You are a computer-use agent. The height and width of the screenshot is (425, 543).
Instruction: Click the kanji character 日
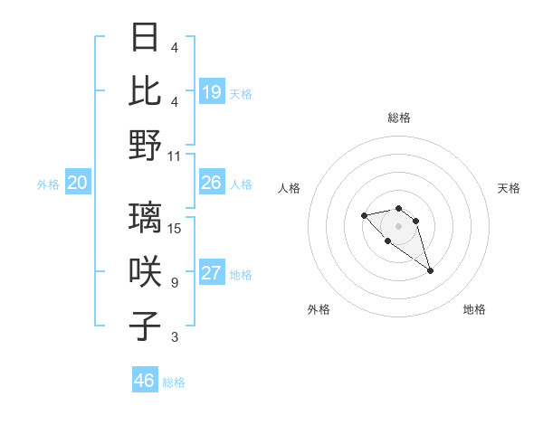point(146,38)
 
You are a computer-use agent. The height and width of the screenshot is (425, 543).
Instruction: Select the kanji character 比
point(146,90)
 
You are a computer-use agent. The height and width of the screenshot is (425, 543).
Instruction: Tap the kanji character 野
point(146,145)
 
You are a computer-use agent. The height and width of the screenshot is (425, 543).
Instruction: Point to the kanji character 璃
point(146,217)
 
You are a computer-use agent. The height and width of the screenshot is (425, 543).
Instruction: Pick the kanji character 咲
point(146,271)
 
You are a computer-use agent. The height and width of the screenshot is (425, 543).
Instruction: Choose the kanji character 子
point(146,326)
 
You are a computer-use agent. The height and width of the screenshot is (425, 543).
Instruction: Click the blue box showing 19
point(212,92)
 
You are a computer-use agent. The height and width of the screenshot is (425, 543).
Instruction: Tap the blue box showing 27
point(212,274)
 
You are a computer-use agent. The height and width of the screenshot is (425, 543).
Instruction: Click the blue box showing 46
point(145,381)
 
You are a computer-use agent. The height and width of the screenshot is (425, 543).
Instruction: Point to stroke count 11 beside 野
point(175,156)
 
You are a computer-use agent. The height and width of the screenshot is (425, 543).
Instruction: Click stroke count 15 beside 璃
point(175,229)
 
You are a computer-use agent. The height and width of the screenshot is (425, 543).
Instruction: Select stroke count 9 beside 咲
point(174,283)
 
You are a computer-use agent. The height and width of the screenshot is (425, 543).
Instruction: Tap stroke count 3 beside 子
point(174,337)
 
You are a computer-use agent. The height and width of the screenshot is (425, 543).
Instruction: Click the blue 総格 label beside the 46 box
point(174,382)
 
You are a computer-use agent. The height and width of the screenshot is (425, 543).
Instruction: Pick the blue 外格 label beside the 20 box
point(48,184)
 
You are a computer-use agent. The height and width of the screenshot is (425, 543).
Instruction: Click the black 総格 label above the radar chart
point(399,118)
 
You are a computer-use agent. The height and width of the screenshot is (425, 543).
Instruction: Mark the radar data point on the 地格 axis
point(430,270)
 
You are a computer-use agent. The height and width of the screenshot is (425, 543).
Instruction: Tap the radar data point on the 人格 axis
point(364,215)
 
